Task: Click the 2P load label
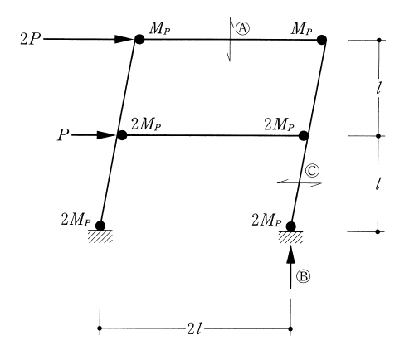coord(30,39)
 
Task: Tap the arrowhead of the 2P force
coord(125,39)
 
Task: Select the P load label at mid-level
coord(63,135)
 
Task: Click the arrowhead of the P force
coord(106,135)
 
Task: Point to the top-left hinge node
coord(139,39)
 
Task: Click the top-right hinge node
coord(322,40)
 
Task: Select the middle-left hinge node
coord(122,135)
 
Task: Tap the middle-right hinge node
coord(304,136)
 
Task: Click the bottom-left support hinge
coord(100,226)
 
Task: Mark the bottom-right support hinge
coord(290,226)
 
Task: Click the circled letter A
coord(242,28)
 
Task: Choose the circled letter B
coord(304,276)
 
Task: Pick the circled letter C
coord(312,171)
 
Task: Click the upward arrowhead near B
coord(290,254)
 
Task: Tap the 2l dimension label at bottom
coord(195,328)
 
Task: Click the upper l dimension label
coord(379,88)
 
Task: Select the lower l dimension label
coord(378,183)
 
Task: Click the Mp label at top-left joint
coord(159,28)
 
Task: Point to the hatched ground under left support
coord(100,237)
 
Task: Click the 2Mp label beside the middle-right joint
coord(279,124)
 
